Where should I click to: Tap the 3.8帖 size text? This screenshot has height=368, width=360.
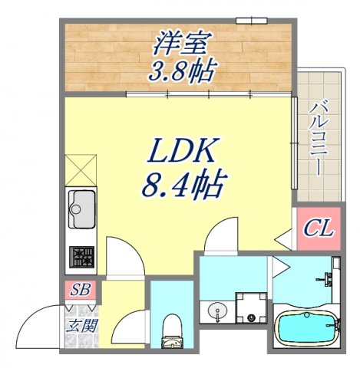pyautogui.click(x=182, y=71)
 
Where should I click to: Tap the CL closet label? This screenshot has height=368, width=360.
pyautogui.click(x=315, y=228)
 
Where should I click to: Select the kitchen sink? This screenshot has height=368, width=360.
pyautogui.click(x=81, y=205)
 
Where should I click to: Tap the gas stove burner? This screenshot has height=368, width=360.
pyautogui.click(x=81, y=255)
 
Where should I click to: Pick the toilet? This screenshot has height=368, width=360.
pyautogui.click(x=170, y=330)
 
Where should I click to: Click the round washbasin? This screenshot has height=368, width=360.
pyautogui.click(x=216, y=313)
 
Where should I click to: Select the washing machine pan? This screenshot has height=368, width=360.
pyautogui.click(x=250, y=310)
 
